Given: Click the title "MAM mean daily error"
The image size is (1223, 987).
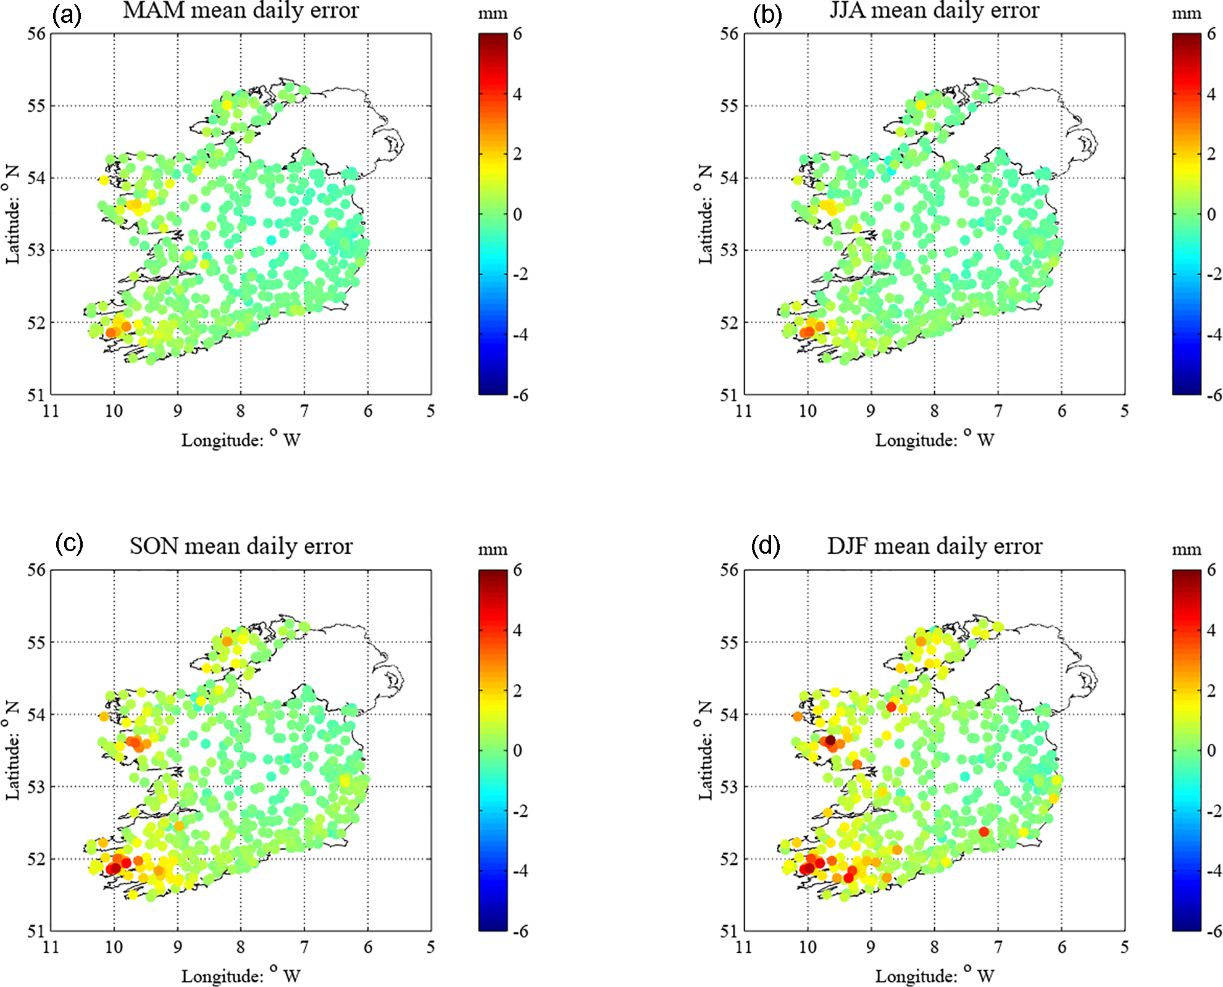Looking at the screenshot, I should point(241,10).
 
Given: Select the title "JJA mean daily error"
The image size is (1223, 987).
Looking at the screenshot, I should point(934,10).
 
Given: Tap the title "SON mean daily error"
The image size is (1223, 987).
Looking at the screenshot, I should point(241,546).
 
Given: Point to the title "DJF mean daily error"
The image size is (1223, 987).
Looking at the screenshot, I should point(934,546).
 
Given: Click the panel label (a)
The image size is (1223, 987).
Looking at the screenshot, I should point(67,14).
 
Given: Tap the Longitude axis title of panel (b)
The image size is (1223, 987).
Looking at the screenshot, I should point(934,439).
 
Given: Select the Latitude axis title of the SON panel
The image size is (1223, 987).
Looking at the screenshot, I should point(12,750).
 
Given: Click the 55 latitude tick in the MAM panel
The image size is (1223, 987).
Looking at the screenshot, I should point(36,106).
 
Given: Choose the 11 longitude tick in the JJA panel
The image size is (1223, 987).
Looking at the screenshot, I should point(744,410).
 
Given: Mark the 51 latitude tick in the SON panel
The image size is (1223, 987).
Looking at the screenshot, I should point(36,931).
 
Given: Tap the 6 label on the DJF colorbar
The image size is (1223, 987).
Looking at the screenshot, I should point(1211,570).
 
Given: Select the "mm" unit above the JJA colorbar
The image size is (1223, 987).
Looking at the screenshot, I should point(1186,14).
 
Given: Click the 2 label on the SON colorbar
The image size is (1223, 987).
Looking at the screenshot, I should point(518,690).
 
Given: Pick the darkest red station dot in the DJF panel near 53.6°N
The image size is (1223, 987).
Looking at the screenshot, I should point(830,740).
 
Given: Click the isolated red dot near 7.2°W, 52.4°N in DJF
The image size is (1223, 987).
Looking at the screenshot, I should point(984,832).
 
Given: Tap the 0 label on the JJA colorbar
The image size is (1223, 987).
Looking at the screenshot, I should point(1211,214).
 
